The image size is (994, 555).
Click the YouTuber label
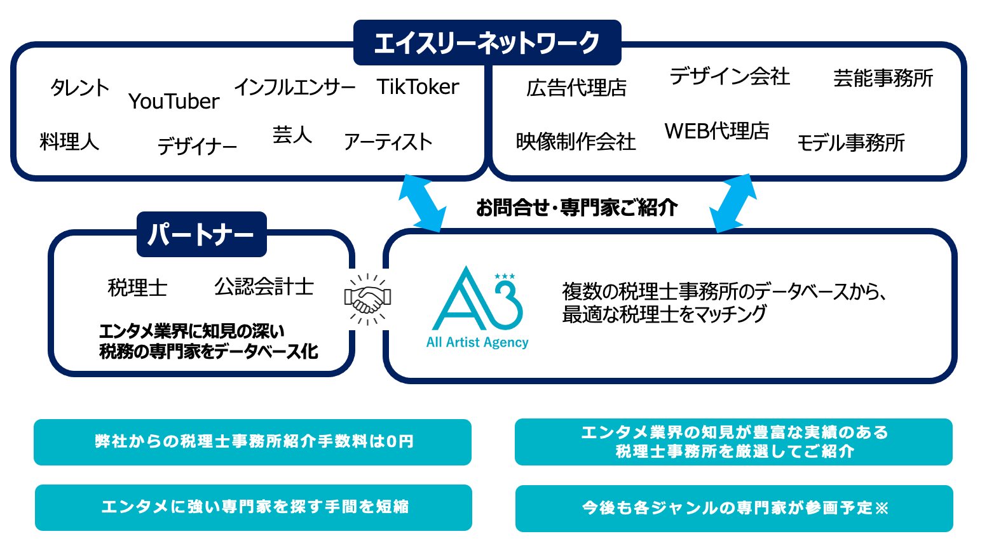174,101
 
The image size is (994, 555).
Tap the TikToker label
418,86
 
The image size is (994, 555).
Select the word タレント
79,88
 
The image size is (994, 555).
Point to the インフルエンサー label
295,87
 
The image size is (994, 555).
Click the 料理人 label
69,141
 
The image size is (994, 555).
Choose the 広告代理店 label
576,88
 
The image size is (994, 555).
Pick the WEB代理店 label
717,131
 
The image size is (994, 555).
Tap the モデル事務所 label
850,143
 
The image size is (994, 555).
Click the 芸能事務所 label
883,78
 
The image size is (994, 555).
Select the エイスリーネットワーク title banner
487,43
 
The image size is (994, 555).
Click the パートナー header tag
201,234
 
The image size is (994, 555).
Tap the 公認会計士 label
264,286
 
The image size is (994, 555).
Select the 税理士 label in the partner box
137,288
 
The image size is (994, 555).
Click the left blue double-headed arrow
421,203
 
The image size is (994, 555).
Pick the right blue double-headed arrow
733,203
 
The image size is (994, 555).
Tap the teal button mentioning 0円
253,442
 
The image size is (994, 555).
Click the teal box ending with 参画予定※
734,508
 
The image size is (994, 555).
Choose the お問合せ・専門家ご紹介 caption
576,207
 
